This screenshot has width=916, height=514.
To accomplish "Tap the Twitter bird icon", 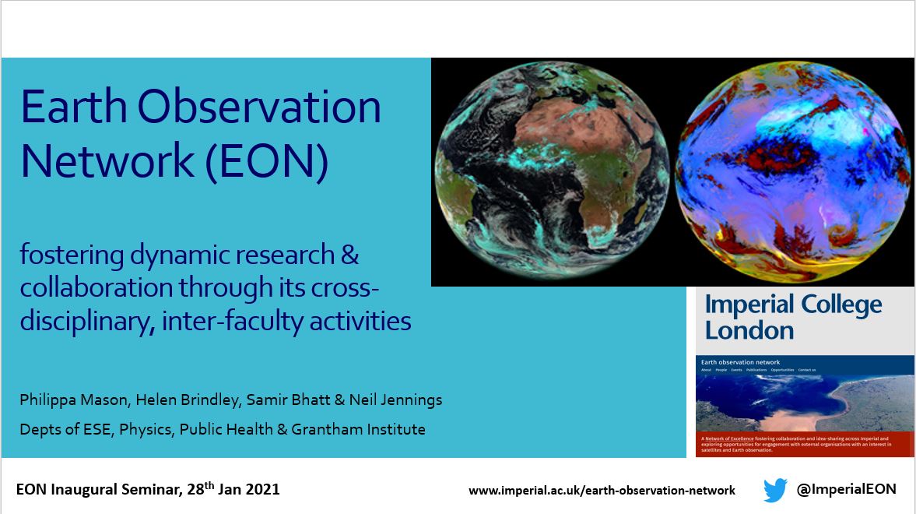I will coord(775,490).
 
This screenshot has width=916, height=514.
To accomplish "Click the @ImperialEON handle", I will coord(846,489).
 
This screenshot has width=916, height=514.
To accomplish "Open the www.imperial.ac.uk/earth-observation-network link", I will coord(602,491).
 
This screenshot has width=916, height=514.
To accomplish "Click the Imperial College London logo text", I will coord(793,317).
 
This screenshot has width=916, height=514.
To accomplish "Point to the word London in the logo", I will coord(749,329).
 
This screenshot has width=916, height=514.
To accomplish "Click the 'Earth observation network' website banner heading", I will coord(740,362).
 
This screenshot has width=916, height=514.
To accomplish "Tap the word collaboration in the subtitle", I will coord(97,287).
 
